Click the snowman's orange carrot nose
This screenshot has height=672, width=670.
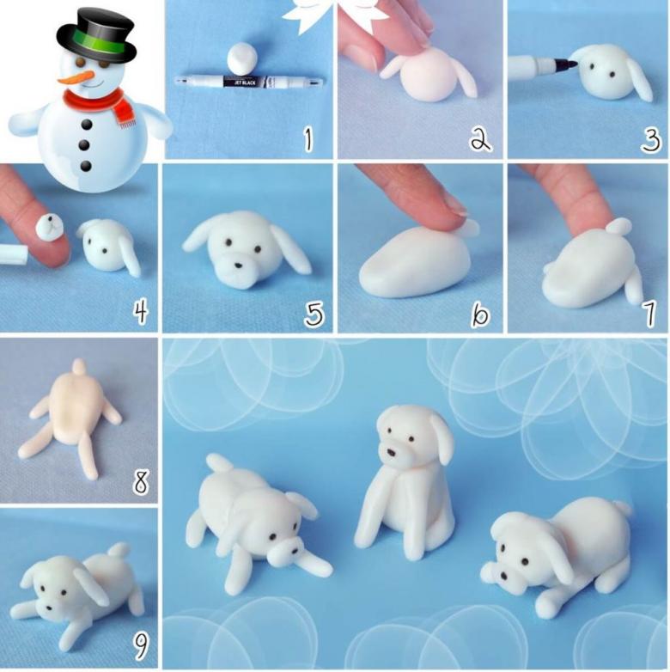76,77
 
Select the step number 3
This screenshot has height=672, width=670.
650,140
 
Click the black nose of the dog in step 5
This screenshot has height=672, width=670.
237,266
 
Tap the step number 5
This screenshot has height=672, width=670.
314,315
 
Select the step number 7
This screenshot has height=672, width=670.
649,314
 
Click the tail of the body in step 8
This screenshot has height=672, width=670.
79,367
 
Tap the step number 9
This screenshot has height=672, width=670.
141,647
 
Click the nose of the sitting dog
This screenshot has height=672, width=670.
392,452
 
